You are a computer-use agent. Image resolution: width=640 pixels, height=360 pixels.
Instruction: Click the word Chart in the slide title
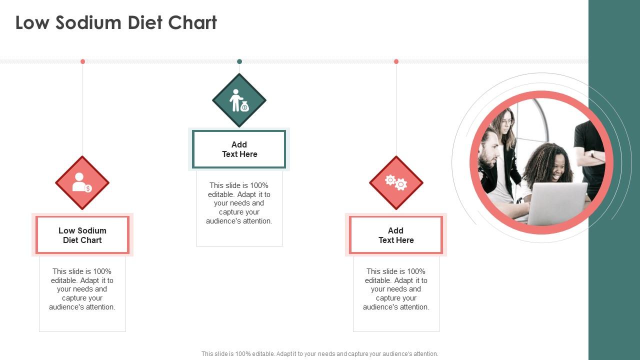tap(192, 22)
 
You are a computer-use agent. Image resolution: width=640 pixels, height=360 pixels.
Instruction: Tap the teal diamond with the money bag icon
tap(239, 100)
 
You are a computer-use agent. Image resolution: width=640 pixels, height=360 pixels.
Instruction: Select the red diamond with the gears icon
tap(396, 183)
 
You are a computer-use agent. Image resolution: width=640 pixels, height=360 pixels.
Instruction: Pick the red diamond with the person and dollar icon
tap(82, 183)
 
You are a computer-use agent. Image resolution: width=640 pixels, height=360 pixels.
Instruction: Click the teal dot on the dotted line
tap(239, 61)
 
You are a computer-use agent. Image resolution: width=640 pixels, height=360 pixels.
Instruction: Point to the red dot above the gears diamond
tap(396, 61)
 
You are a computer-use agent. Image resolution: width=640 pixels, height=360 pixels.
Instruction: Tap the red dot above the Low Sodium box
tap(83, 61)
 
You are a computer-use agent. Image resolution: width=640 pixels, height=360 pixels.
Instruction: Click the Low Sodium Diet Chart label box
tap(82, 235)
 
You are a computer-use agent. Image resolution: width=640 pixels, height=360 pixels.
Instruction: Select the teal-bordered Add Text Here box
tap(239, 149)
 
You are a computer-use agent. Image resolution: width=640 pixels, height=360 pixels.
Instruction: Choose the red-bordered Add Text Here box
tap(396, 235)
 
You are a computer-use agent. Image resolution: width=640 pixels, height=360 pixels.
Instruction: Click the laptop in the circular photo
tap(557, 203)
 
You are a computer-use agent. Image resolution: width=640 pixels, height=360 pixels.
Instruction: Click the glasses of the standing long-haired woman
tap(507, 122)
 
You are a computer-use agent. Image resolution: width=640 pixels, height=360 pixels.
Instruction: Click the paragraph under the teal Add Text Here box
tap(239, 203)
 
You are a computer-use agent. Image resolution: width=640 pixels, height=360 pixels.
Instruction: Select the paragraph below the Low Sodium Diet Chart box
tap(82, 289)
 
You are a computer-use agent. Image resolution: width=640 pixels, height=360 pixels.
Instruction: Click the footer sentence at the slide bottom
tap(319, 353)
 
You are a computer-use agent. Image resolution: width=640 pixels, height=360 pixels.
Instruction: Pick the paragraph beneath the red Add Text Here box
tap(396, 289)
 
